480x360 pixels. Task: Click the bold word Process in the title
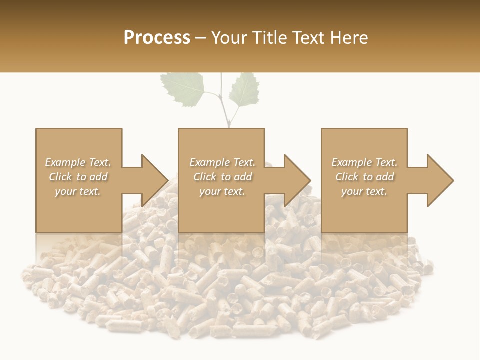tap(157, 38)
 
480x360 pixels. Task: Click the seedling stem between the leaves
tap(225, 107)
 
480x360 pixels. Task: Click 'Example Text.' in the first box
tap(78, 162)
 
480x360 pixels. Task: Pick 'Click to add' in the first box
tap(78, 177)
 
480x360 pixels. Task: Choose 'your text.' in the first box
tap(78, 191)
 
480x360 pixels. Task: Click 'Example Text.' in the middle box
tap(222, 162)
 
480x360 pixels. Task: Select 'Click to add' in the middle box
tap(222, 177)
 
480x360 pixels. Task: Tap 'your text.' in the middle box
tap(222, 191)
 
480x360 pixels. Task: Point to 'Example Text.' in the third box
tap(364, 162)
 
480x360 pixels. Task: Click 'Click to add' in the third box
tap(364, 177)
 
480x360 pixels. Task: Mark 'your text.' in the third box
tap(364, 191)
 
